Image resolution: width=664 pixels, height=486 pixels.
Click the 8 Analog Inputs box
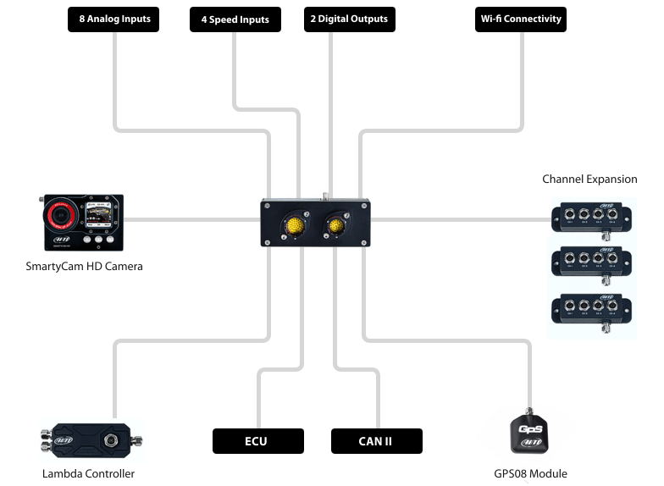pos(113,19)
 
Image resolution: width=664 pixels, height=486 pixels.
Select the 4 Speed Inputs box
pos(236,19)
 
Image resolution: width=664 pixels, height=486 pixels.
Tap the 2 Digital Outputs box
pos(348,19)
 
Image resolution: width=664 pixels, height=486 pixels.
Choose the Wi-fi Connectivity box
pos(520,19)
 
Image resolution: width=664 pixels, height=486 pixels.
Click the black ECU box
pos(257,440)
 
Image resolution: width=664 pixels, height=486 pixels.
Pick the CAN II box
pos(376,440)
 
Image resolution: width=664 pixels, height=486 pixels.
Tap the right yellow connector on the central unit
pos(336,225)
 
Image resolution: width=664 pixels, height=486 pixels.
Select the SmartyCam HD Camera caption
pos(84,267)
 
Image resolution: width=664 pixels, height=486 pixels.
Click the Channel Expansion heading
pos(589,179)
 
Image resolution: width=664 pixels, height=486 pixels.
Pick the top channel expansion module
pos(592,217)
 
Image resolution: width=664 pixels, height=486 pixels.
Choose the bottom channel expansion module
pos(592,310)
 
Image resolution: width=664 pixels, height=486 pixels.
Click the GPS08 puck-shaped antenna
pos(530,434)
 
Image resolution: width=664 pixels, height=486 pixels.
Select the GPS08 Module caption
pos(530,473)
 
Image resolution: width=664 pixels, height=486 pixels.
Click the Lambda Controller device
pos(91,440)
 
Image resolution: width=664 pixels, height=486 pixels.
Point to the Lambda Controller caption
pos(88,473)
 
